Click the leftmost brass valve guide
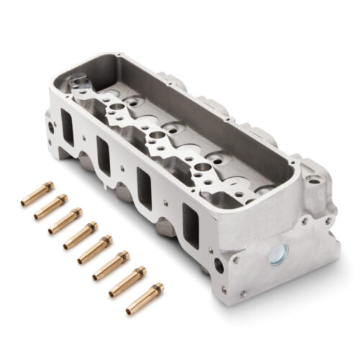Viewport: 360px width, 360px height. (x=37, y=194)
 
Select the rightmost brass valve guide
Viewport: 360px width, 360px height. (x=145, y=299)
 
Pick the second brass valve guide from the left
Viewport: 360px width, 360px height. (x=50, y=207)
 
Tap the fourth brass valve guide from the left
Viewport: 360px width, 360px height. (x=80, y=235)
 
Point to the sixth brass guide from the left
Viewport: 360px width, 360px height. (x=111, y=266)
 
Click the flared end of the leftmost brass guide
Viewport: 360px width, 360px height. (x=48, y=186)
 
